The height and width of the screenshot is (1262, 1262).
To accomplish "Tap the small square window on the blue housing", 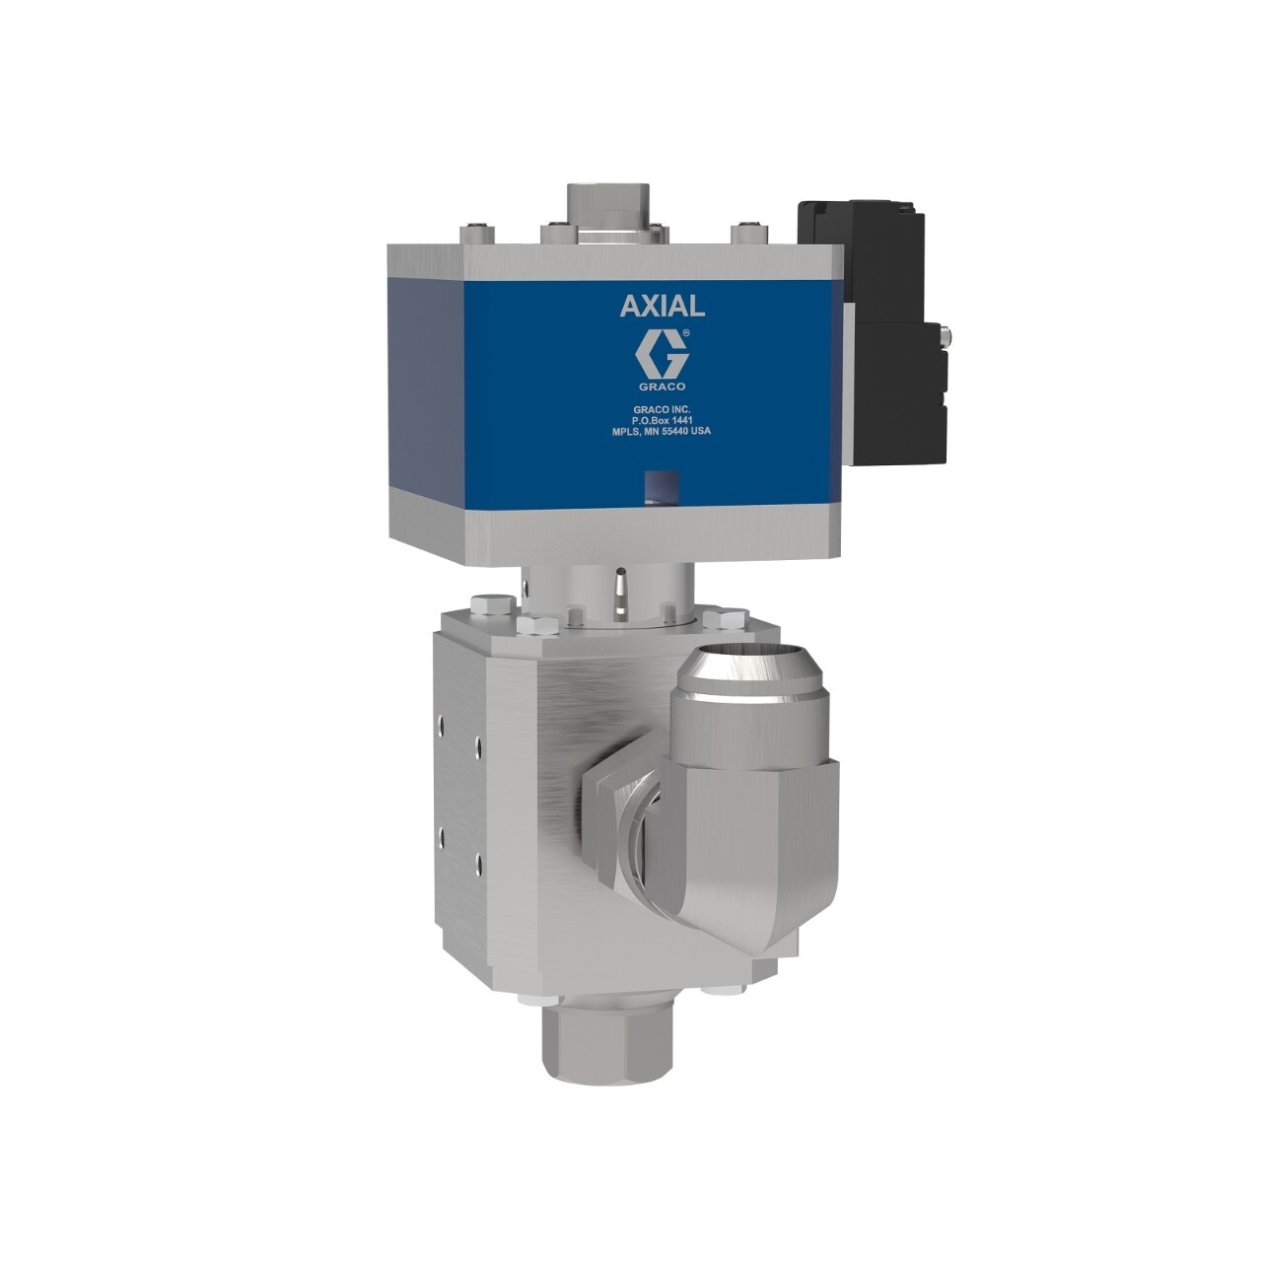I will click(654, 486).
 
